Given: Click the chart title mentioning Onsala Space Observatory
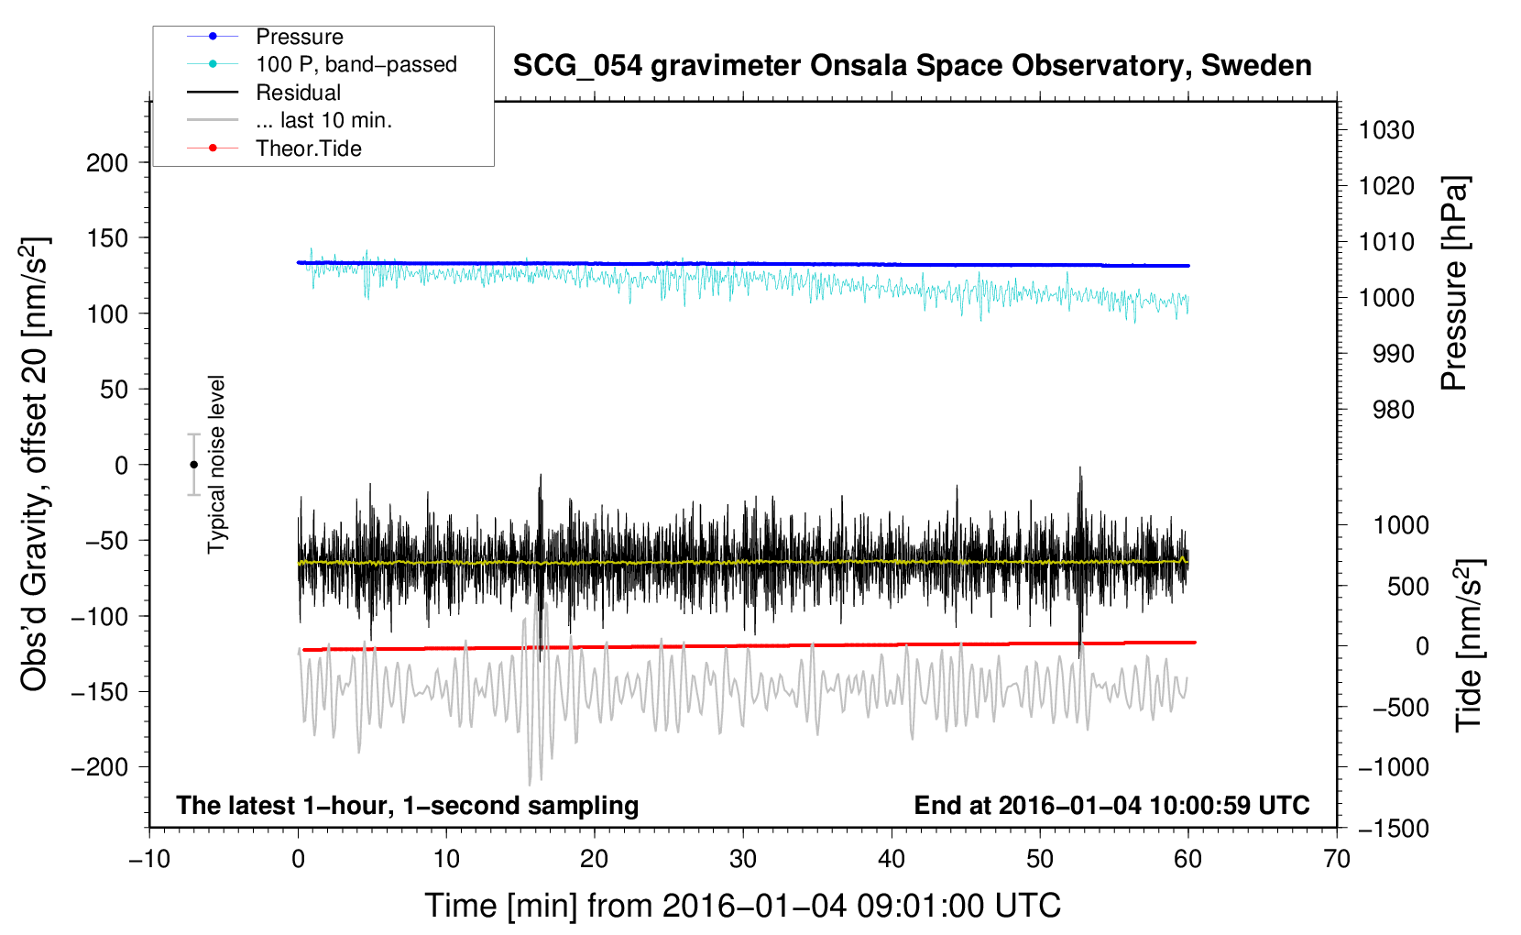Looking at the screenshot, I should (x=912, y=66).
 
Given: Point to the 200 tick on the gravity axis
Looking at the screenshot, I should (x=107, y=163).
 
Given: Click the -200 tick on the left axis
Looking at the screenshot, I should (x=100, y=767).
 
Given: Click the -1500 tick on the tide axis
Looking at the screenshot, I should (x=1393, y=829).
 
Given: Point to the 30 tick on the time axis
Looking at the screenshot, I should (x=743, y=859).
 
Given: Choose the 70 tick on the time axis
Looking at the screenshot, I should (x=1337, y=859).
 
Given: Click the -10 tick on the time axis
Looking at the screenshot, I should (x=149, y=859).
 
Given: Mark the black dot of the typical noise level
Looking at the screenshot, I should (x=194, y=465).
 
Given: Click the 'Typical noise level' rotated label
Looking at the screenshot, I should (x=216, y=464).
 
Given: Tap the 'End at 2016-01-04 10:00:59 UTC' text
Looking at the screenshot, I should (x=1111, y=806).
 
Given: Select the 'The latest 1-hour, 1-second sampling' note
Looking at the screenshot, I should (x=407, y=806).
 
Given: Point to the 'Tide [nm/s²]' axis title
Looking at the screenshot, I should (x=1469, y=646).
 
